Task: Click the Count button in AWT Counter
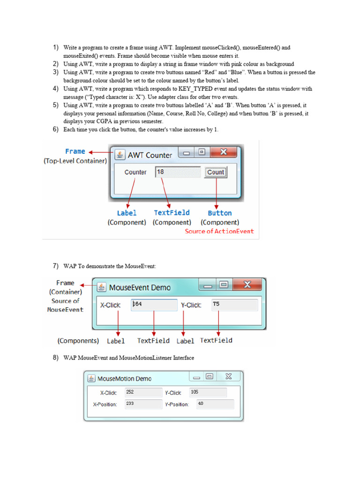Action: (216, 172)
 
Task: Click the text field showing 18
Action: (178, 172)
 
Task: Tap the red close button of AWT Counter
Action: (224, 153)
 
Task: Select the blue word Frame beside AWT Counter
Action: (75, 151)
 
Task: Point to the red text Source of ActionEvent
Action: (219, 231)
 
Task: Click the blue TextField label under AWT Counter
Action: (172, 213)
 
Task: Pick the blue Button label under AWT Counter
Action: (220, 213)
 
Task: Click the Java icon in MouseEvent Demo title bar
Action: (101, 287)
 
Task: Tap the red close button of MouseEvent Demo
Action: (247, 285)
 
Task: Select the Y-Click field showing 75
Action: (234, 305)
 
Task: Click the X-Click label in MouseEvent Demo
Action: (111, 305)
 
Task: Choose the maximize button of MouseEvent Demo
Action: (224, 285)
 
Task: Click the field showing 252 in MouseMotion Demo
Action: (143, 392)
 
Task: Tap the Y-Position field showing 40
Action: (215, 404)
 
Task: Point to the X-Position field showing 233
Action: (143, 404)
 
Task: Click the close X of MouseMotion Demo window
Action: (228, 376)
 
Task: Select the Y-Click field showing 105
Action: (208, 392)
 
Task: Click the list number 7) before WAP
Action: (55, 266)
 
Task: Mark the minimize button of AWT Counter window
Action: (187, 153)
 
